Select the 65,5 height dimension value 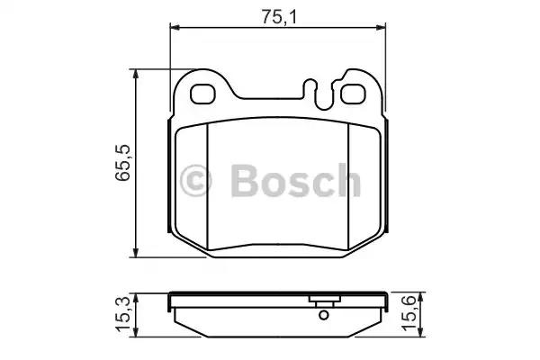(122, 163)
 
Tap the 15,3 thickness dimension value (122, 313)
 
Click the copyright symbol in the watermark (197, 180)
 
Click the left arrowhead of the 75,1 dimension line (175, 28)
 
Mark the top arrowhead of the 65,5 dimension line (136, 72)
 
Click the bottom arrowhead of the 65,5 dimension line (136, 252)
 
